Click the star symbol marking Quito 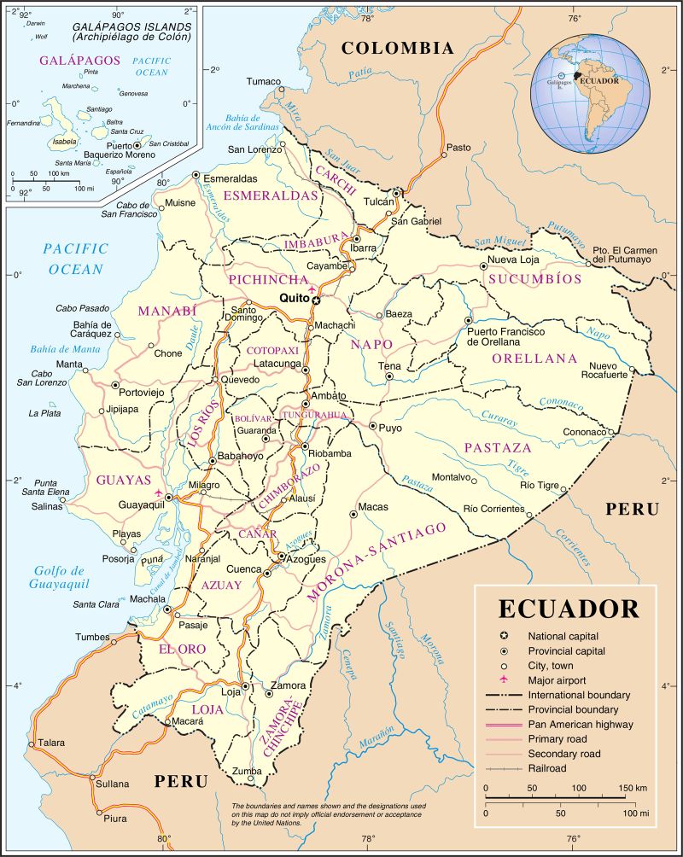point(316,300)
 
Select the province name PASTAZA point(498,447)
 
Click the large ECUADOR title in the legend point(568,609)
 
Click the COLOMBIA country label point(397,49)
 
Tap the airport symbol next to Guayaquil point(157,493)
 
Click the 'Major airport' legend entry point(556,679)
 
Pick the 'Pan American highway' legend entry point(581,724)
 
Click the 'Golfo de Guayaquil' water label point(59,578)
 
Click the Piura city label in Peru point(114,819)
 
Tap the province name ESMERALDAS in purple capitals point(271,195)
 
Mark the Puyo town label point(390,428)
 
